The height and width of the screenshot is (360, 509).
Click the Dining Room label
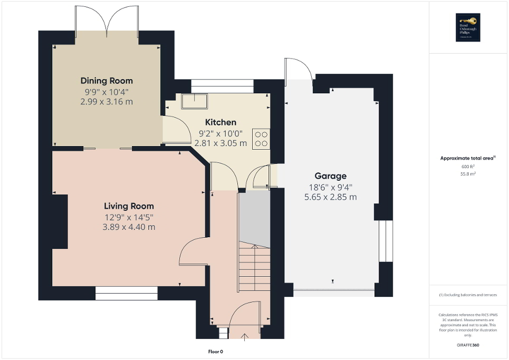click(x=107, y=81)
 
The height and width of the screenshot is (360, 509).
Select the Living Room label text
click(x=129, y=206)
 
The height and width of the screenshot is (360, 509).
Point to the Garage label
click(x=330, y=176)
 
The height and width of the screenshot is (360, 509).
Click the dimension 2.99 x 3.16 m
click(x=107, y=101)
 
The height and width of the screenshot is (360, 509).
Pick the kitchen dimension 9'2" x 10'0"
click(x=220, y=133)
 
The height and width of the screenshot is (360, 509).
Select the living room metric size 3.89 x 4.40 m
click(x=129, y=227)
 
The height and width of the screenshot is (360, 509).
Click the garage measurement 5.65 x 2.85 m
click(x=330, y=197)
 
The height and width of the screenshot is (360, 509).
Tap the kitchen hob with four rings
click(x=261, y=139)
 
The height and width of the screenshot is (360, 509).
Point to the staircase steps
click(x=255, y=266)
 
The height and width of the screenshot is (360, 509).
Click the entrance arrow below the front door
click(x=245, y=337)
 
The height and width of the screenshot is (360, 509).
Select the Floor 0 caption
click(x=216, y=351)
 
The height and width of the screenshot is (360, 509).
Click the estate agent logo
click(x=468, y=27)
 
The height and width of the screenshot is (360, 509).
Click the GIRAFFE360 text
click(x=468, y=345)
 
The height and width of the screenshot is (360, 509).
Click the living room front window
click(x=127, y=294)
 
